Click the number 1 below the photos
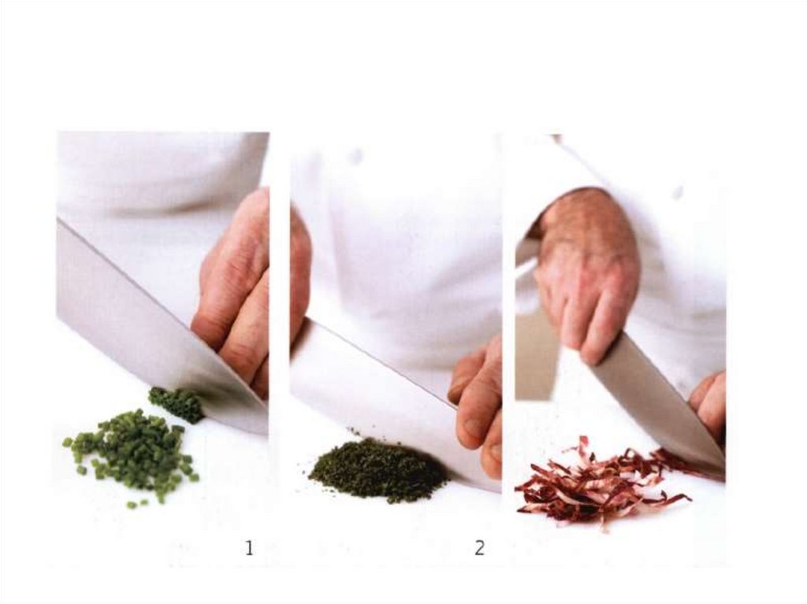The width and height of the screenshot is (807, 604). pyautogui.click(x=250, y=548)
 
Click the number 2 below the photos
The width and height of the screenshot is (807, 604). pyautogui.click(x=479, y=548)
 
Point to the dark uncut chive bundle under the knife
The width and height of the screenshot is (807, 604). pyautogui.click(x=177, y=404)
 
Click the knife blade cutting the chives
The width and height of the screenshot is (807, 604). pyautogui.click(x=154, y=329)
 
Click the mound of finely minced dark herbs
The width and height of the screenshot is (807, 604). pyautogui.click(x=378, y=469)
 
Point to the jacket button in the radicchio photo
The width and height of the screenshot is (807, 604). pyautogui.click(x=679, y=192)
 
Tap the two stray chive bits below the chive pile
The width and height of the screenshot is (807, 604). pyautogui.click(x=138, y=504)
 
